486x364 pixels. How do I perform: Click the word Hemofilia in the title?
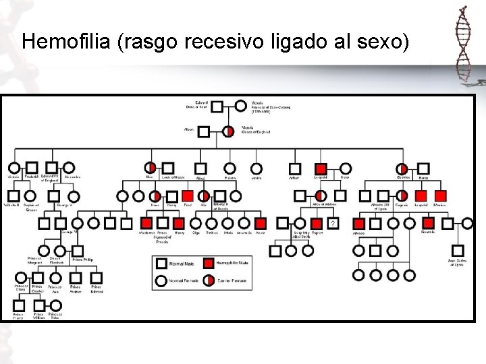point(67,42)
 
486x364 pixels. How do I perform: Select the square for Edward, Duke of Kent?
point(217,106)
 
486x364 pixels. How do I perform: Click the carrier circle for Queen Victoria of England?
point(229,131)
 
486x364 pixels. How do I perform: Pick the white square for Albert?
point(205,131)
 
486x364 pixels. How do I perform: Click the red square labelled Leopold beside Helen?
point(321,169)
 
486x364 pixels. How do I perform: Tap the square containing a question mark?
point(332,222)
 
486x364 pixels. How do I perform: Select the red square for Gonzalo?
point(427,222)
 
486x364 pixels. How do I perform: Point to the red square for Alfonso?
point(360,222)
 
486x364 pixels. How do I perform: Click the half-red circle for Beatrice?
point(402,169)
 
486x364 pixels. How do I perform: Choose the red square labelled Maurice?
point(440,196)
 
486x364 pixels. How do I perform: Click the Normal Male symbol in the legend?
point(162,263)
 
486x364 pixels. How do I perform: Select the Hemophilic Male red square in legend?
point(210,263)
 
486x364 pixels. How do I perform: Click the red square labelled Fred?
point(188,196)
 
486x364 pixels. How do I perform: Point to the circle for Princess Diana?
point(22,277)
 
